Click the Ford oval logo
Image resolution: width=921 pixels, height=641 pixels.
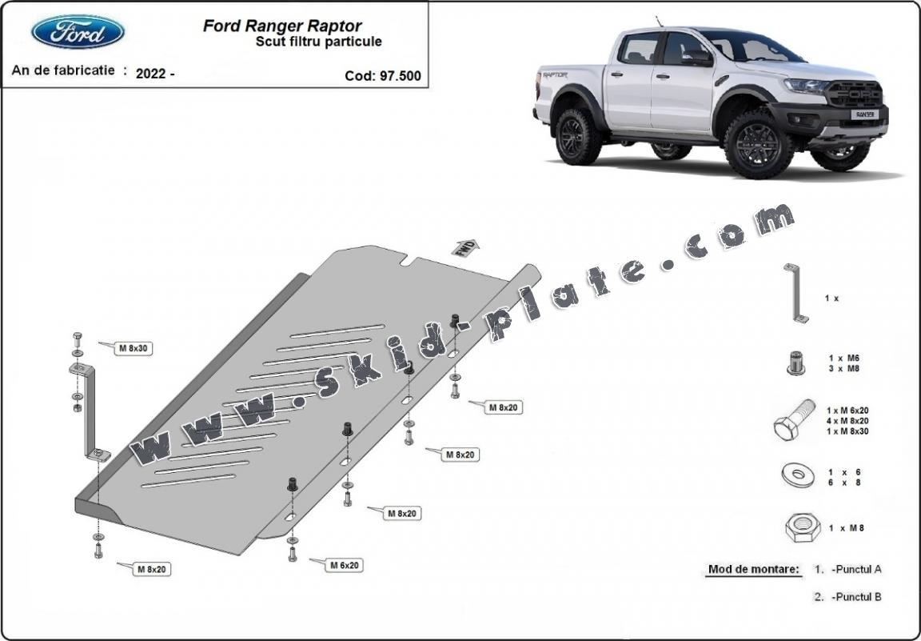[x=78, y=33]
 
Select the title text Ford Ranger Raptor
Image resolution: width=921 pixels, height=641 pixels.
[x=282, y=26]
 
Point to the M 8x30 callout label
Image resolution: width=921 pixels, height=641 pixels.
[x=134, y=348]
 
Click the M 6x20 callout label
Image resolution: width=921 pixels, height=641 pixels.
[x=345, y=565]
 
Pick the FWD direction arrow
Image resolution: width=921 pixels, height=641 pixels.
[x=466, y=247]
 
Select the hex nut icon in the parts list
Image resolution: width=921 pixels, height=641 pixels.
[x=798, y=528]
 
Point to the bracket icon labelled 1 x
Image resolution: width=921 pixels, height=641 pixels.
[x=795, y=293]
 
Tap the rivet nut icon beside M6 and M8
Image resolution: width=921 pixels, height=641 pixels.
[x=795, y=363]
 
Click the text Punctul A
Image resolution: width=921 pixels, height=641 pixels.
[x=856, y=570]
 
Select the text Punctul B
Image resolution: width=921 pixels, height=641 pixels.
[x=856, y=597]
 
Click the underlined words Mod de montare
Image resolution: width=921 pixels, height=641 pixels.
[x=753, y=570]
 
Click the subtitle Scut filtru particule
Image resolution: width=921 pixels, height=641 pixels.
[x=318, y=41]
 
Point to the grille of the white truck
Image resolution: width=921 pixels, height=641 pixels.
[x=855, y=95]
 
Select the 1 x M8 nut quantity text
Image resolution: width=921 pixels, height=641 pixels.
[x=847, y=528]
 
